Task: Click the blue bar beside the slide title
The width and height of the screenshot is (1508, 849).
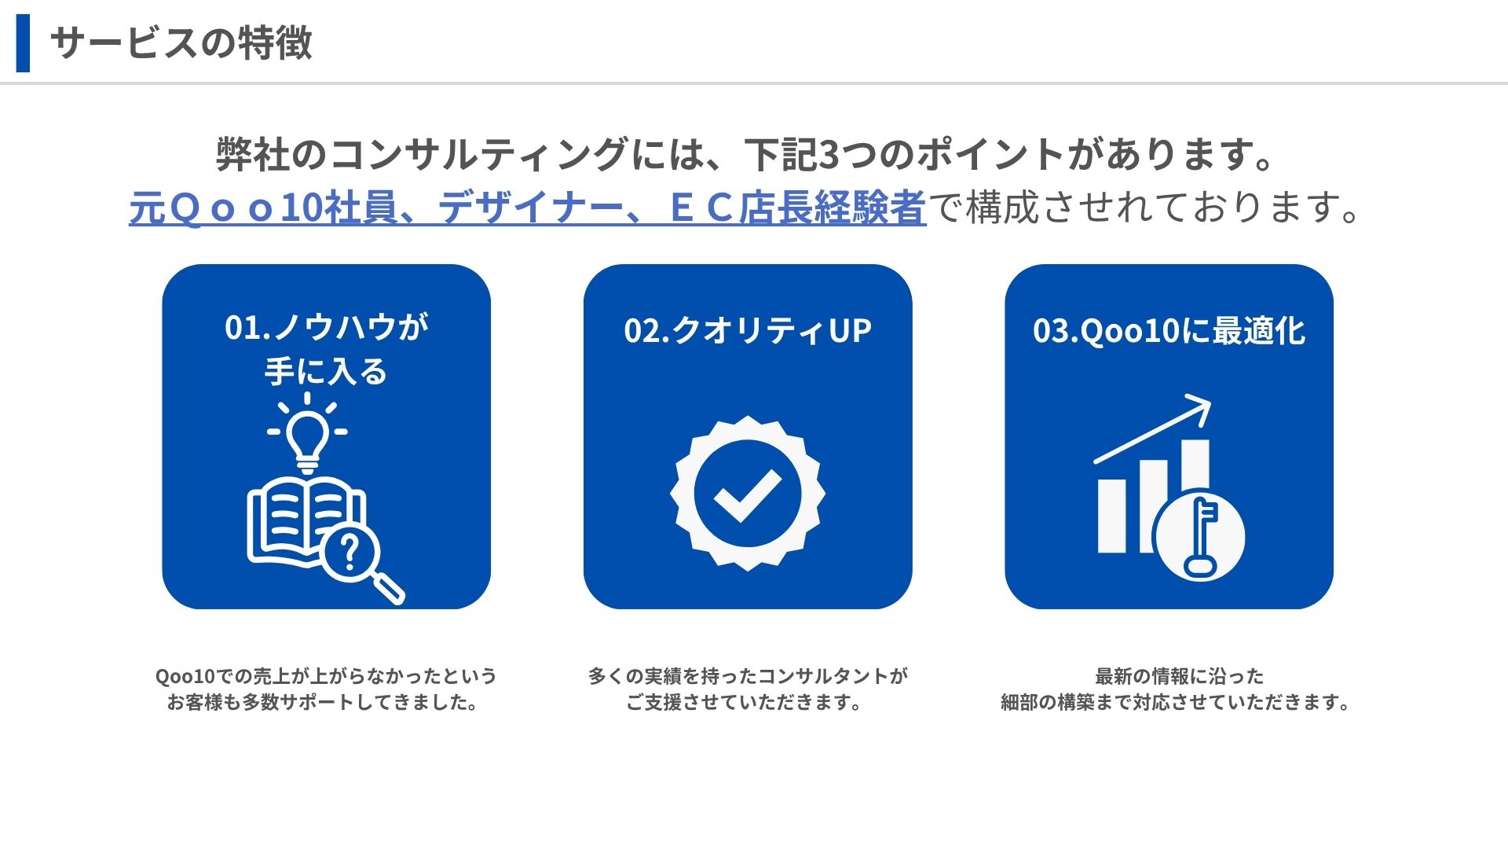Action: (23, 43)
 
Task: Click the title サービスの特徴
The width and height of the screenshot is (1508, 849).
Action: (181, 43)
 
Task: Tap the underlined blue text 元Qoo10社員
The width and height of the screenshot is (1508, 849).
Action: (263, 208)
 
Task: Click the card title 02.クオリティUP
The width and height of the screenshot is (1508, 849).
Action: (748, 331)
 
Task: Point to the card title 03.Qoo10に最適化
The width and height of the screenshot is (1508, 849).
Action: (1169, 331)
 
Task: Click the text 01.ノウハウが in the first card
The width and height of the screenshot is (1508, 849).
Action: (327, 327)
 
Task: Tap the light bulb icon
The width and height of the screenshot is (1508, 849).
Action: (307, 433)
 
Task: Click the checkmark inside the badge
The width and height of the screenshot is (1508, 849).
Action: (747, 496)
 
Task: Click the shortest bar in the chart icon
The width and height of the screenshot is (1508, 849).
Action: (1111, 516)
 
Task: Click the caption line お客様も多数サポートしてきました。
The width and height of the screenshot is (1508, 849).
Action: (323, 702)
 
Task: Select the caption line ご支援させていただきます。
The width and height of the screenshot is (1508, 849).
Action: (744, 702)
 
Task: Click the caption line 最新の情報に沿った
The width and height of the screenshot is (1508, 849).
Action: (1180, 676)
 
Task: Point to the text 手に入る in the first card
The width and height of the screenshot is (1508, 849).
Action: (326, 372)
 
